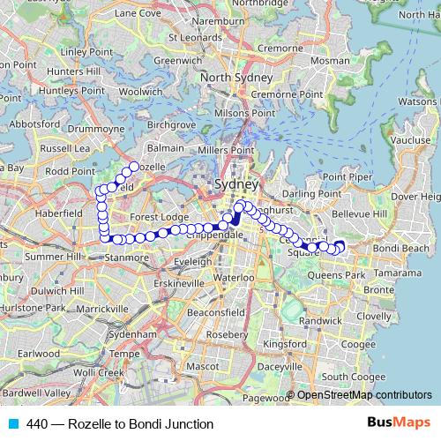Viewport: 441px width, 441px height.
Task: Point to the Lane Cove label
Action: [x=138, y=13]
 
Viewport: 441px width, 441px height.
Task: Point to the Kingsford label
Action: [x=285, y=343]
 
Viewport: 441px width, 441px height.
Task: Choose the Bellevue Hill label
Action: [x=364, y=213]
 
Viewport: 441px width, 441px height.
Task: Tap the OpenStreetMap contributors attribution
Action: [x=364, y=394]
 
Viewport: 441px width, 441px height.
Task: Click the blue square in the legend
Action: [x=12, y=423]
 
